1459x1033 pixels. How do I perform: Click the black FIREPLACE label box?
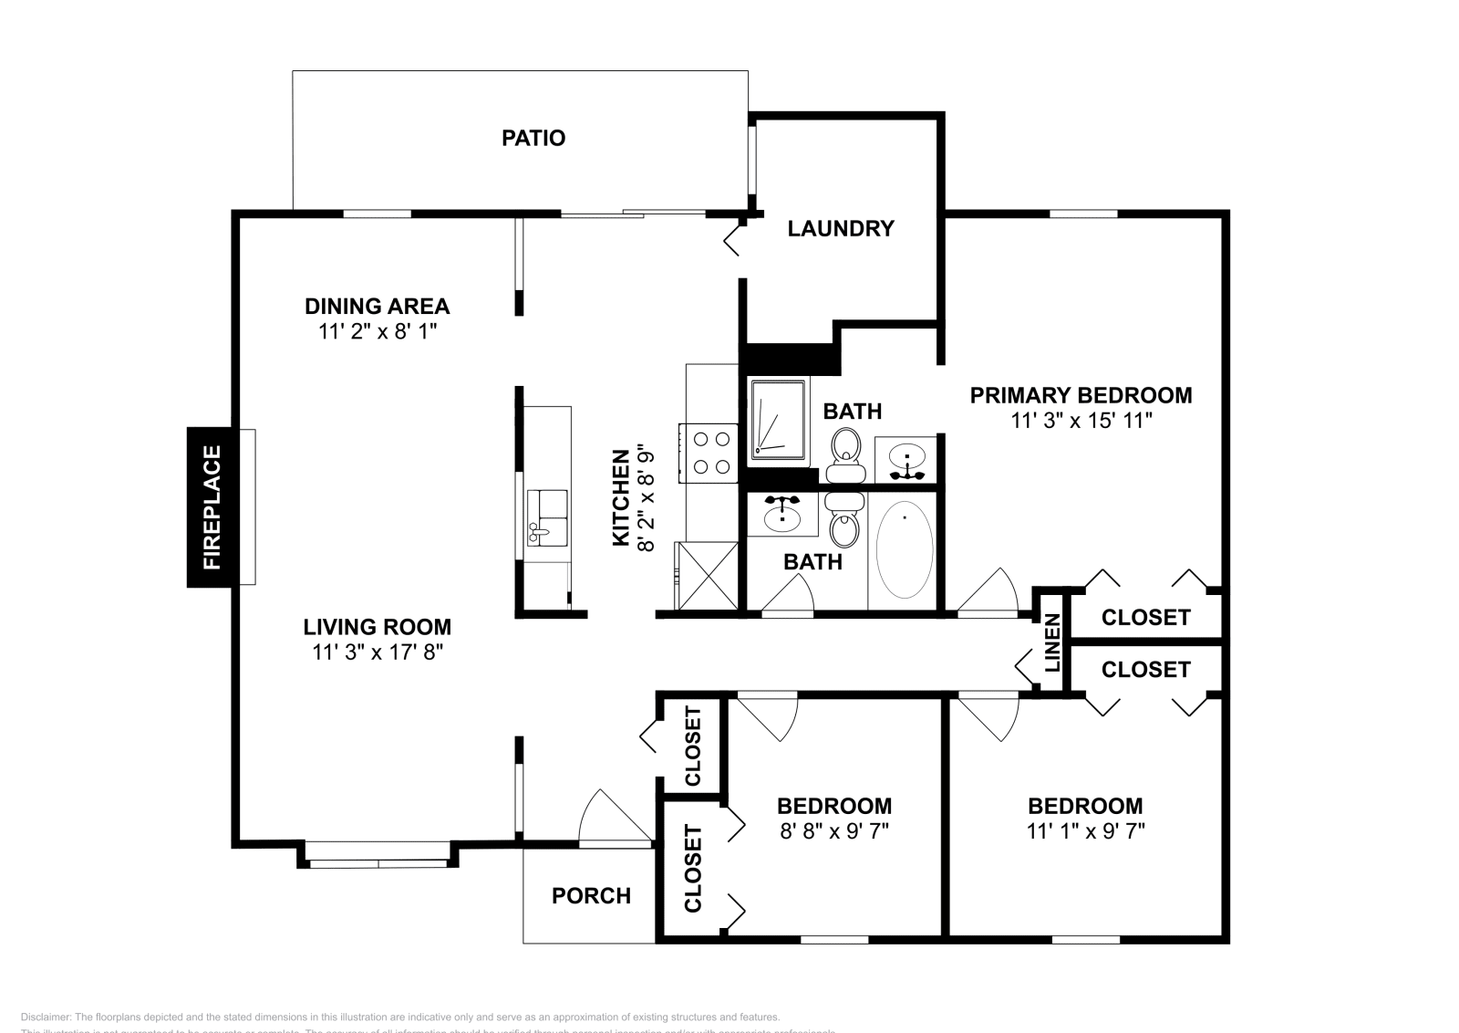[209, 506]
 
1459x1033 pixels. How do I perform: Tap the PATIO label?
[533, 138]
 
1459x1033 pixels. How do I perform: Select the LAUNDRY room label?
[840, 228]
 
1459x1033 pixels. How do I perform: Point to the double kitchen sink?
[546, 517]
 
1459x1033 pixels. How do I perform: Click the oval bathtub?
[904, 549]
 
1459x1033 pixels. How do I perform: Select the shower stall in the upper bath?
[777, 421]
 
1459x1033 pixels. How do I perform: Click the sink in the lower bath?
[781, 516]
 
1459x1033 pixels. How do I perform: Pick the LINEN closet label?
[1051, 642]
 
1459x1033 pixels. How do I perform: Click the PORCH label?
[591, 895]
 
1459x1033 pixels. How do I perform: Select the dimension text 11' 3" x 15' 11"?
[1081, 421]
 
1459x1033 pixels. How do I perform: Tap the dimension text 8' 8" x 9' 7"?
[833, 830]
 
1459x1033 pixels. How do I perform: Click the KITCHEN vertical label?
[621, 497]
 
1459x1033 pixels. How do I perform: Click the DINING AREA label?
[377, 306]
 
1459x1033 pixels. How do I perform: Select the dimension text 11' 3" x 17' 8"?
[377, 652]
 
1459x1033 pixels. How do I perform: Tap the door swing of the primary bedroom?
[989, 593]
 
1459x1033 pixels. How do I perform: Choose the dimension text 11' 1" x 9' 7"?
[1085, 830]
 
